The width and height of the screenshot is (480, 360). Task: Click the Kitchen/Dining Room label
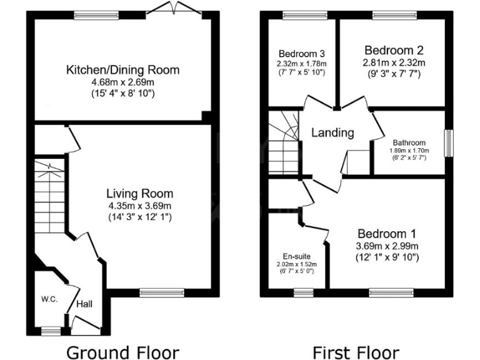pyautogui.click(x=122, y=70)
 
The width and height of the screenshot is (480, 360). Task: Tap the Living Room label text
pyautogui.click(x=139, y=194)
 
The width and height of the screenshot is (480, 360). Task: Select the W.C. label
pyautogui.click(x=50, y=299)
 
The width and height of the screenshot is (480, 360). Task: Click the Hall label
pyautogui.click(x=85, y=304)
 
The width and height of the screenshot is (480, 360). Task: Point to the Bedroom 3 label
pyautogui.click(x=302, y=53)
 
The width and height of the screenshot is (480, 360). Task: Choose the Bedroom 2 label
pyautogui.click(x=394, y=50)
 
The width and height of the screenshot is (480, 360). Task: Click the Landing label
pyautogui.click(x=332, y=132)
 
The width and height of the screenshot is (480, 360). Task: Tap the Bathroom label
pyautogui.click(x=409, y=143)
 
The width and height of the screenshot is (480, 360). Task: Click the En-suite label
pyautogui.click(x=296, y=256)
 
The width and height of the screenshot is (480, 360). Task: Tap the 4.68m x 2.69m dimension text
pyautogui.click(x=122, y=82)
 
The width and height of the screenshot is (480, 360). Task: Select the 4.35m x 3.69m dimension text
pyautogui.click(x=139, y=206)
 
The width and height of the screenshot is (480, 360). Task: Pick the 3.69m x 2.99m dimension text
pyautogui.click(x=387, y=246)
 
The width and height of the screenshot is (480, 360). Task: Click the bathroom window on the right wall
pyautogui.click(x=447, y=143)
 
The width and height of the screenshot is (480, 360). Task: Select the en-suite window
pyautogui.click(x=303, y=291)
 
